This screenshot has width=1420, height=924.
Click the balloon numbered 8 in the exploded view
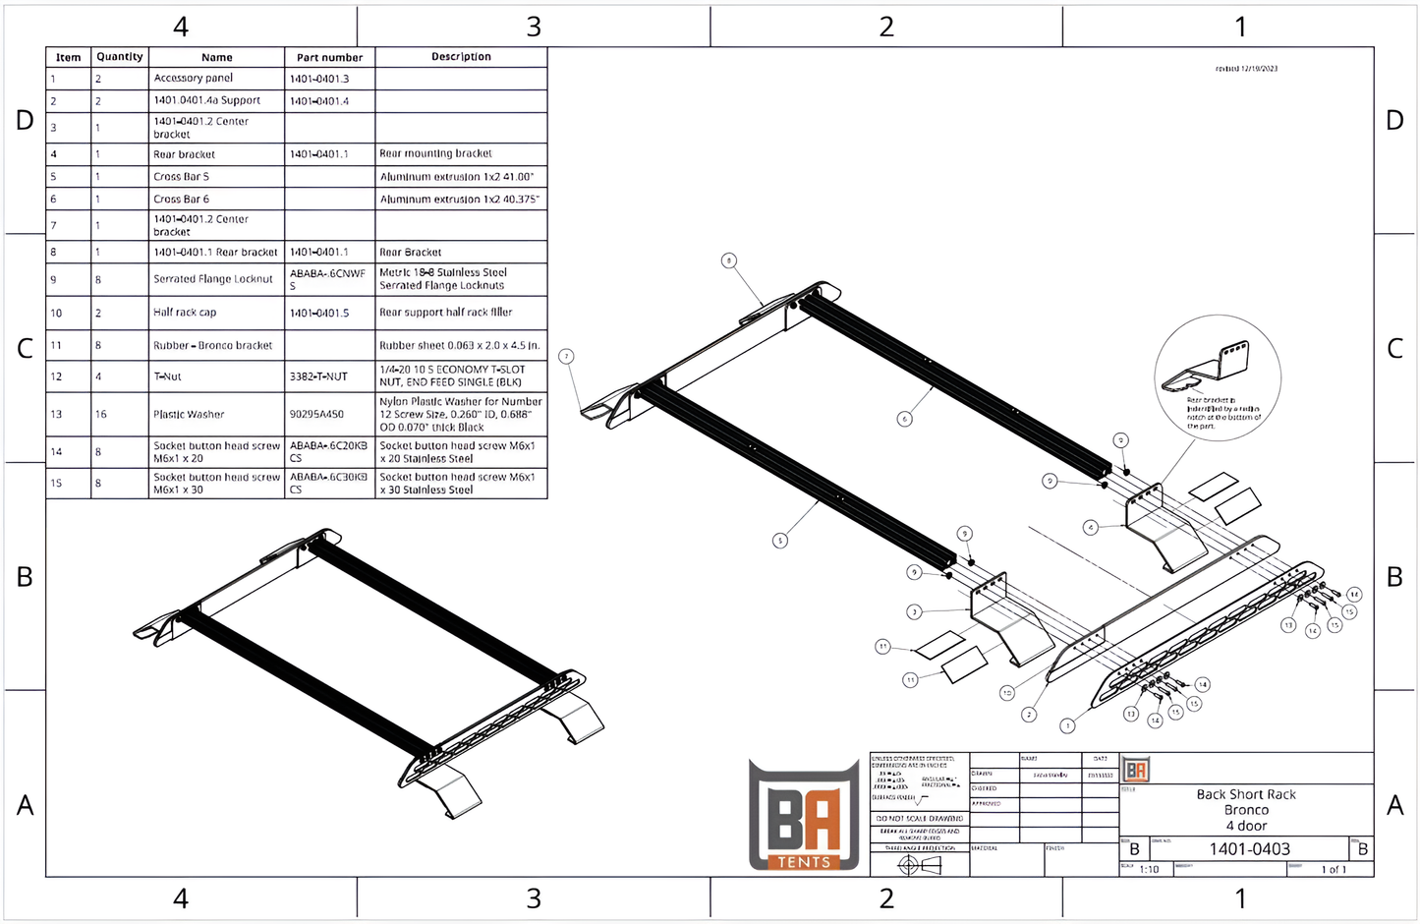(728, 260)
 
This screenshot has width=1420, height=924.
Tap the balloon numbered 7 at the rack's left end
(566, 356)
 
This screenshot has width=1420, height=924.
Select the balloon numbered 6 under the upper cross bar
(904, 419)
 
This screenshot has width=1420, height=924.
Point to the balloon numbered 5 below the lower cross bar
(780, 541)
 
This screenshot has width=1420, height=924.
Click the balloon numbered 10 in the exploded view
(1006, 693)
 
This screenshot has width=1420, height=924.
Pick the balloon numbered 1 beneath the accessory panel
(1067, 726)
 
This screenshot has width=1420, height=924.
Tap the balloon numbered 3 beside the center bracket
(914, 611)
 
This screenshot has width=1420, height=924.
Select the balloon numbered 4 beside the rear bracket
(1090, 528)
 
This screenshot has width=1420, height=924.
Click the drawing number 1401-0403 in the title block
(1249, 849)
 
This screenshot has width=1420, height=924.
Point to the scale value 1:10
(1149, 870)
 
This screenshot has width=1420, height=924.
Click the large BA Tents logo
(804, 816)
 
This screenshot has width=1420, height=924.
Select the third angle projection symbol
(920, 865)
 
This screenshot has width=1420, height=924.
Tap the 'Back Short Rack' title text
(1246, 794)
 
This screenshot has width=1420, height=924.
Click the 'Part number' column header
(329, 57)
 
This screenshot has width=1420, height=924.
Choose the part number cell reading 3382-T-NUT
(318, 376)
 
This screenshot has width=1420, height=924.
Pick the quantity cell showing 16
(101, 415)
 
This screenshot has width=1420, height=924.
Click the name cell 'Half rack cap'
(185, 313)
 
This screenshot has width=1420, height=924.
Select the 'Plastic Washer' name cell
(189, 415)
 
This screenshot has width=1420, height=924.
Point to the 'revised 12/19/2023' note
(1246, 69)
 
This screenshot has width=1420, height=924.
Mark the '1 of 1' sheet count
(1334, 870)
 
